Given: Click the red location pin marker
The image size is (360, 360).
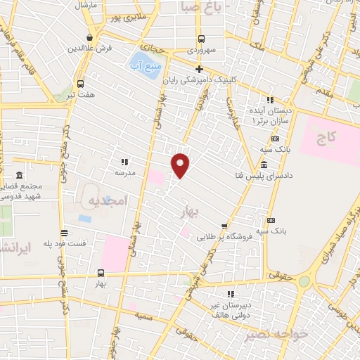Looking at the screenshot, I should click(181, 165).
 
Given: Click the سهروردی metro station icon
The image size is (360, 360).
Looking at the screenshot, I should click(202, 39).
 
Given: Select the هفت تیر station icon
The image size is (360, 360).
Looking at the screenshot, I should click(79, 82).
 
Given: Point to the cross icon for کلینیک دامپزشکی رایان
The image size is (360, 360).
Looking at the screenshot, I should click(200, 69).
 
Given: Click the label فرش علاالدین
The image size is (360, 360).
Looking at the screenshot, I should click(90, 49).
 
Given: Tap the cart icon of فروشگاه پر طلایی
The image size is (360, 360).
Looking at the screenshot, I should click(224, 226).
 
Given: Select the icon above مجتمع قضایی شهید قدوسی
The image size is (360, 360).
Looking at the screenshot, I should click(19, 175).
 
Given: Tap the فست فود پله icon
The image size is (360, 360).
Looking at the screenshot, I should click(64, 233).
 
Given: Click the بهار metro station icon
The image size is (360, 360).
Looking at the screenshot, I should click(101, 273).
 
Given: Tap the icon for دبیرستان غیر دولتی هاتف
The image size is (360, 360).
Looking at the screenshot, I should click(230, 294).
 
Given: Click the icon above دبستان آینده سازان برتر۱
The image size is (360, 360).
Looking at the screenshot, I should click(269, 100).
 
